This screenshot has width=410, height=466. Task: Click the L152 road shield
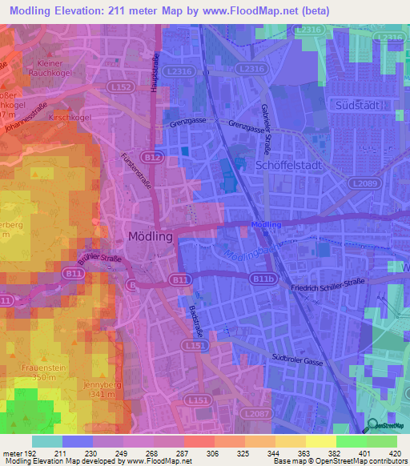[123, 86]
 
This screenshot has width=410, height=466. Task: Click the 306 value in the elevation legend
[211, 453]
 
